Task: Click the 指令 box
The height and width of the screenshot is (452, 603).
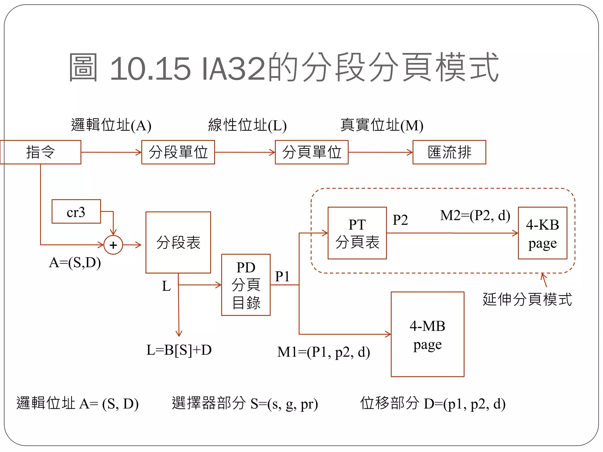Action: pos(41,152)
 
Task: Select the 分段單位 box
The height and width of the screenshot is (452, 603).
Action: pos(178,152)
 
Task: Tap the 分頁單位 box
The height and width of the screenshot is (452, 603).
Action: pos(312,152)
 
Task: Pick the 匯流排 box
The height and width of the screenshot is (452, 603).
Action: pos(449,152)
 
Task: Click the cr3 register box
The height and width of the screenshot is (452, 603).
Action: pos(76,212)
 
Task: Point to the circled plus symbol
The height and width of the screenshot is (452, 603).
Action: pos(113,245)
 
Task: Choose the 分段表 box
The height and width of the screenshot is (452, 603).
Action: pos(178,242)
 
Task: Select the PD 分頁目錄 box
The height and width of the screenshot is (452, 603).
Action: pos(246,285)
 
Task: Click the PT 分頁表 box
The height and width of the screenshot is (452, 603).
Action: pos(357,233)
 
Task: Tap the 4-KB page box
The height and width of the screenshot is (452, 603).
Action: pos(542,233)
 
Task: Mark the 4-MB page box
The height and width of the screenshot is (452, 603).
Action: pos(428,334)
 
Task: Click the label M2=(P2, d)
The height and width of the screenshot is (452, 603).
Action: pos(475,215)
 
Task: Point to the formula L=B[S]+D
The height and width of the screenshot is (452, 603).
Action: pos(179,350)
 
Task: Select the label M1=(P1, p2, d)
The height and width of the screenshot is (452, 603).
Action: pos(324,352)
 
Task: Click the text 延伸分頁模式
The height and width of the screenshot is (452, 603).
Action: pos(527,300)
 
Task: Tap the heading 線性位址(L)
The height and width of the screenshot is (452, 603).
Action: pos(247,125)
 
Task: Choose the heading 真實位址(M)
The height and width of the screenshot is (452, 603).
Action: pos(382,125)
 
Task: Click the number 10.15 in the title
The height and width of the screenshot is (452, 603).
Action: pos(150,69)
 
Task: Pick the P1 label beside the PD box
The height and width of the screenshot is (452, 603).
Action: pos(282,276)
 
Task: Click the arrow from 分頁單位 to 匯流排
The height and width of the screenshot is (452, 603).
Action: pos(380,152)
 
